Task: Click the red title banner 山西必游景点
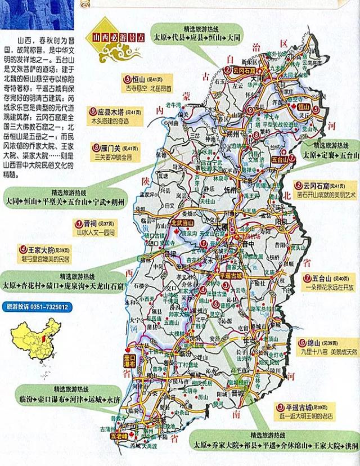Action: [114, 38]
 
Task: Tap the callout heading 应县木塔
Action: [115, 111]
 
